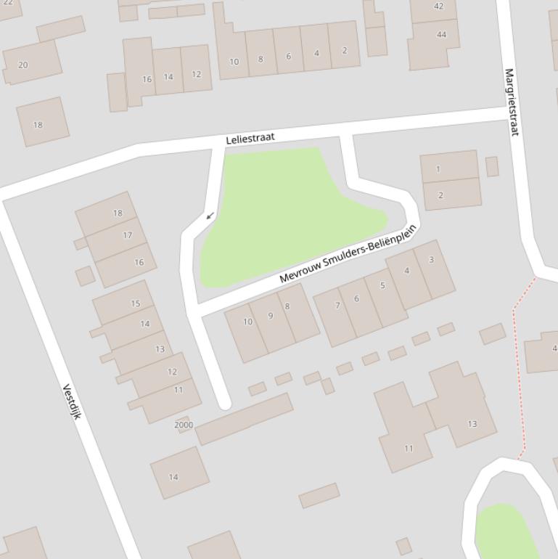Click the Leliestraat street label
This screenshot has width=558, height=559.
(250, 139)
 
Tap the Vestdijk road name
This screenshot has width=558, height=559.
(71, 401)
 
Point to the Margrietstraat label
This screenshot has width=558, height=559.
(512, 102)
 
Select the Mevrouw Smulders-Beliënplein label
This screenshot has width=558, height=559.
(348, 254)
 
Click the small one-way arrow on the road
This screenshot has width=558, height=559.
(210, 216)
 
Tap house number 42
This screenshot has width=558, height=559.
(438, 7)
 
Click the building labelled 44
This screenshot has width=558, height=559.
(441, 35)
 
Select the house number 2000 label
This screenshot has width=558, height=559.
(184, 425)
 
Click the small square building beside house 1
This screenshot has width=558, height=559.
(492, 166)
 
